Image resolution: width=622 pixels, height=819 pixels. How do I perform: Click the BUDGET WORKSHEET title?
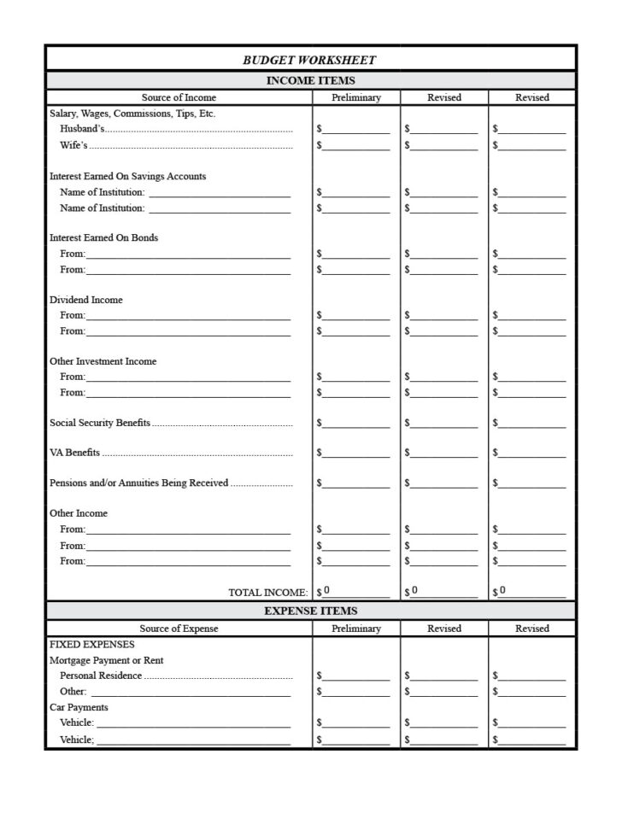click(x=309, y=60)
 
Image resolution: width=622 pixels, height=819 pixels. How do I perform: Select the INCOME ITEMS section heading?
click(x=310, y=80)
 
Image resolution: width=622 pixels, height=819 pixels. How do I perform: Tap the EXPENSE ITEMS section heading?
click(x=310, y=611)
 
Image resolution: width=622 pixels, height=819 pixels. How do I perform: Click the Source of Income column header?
click(x=179, y=97)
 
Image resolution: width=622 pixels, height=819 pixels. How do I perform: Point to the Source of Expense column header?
click(x=179, y=629)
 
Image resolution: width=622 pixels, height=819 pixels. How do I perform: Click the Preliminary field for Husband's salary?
click(x=355, y=129)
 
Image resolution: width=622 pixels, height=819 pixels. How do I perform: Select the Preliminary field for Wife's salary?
click(x=355, y=145)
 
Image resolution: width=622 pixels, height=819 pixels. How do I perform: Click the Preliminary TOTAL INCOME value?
click(x=355, y=591)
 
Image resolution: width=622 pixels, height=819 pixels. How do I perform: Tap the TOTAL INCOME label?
click(x=267, y=592)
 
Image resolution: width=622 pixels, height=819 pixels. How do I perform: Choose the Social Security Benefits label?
click(x=100, y=423)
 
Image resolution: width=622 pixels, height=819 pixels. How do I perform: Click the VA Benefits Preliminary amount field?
click(x=355, y=453)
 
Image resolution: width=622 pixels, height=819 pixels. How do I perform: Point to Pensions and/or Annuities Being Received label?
click(x=139, y=483)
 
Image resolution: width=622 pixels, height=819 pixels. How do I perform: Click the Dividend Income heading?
click(x=85, y=300)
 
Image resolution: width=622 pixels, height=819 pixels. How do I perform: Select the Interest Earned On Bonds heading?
click(x=103, y=237)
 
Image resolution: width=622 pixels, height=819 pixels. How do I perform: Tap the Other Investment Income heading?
click(x=103, y=361)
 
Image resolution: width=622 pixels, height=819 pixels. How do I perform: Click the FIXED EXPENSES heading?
click(x=91, y=645)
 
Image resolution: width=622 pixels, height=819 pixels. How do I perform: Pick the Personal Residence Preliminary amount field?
click(x=355, y=676)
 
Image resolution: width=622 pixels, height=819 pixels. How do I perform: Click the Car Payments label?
click(x=79, y=707)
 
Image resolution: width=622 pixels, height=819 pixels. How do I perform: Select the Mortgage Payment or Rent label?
click(x=106, y=660)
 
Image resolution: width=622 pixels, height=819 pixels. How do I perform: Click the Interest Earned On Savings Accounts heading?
click(x=127, y=176)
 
